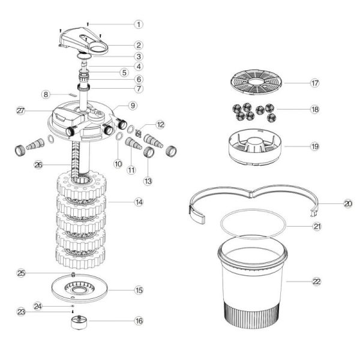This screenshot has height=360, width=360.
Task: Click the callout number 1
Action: pos(139,24)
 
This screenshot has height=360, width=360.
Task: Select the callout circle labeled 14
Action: pos(139,202)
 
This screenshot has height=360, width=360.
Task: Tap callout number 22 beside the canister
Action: pos(317,281)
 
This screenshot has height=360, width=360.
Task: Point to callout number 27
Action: pos(20,111)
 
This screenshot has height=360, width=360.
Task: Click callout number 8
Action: pos(46,94)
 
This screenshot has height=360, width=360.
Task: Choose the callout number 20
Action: pos(348,203)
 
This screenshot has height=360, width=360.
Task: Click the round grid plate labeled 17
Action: pos(256,82)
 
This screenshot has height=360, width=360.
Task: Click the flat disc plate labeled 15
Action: pos(79,288)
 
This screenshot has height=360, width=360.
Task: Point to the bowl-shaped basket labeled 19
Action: pos(255,147)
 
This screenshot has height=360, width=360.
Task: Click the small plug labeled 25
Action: pos(73,274)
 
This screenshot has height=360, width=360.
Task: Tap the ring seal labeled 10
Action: pos(119,136)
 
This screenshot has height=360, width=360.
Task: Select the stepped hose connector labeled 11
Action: pos(133,143)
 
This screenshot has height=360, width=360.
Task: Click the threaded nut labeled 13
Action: pos(148,151)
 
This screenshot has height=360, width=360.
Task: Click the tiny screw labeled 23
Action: pos(73,311)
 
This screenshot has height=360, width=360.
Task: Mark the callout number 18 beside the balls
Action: pos(315,109)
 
